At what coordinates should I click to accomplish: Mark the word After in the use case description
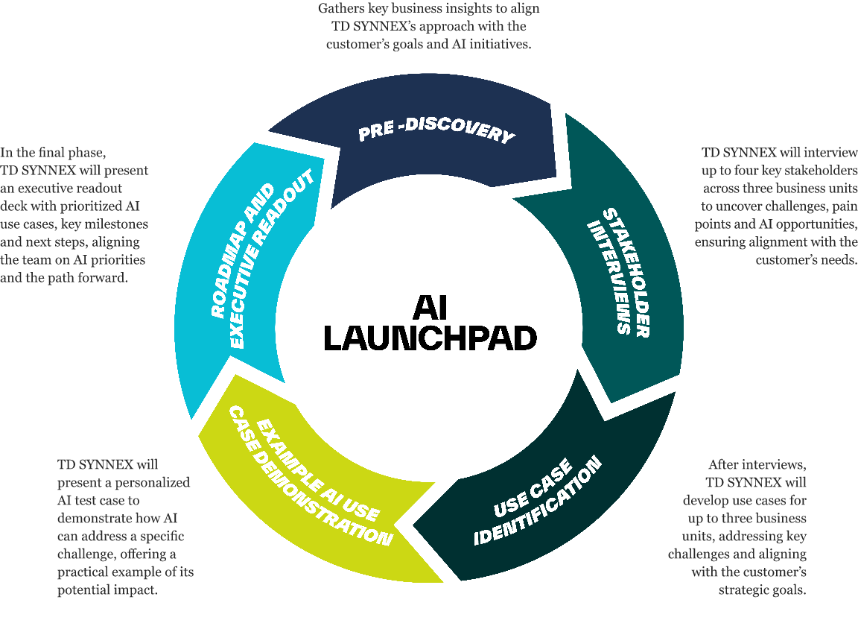click(725, 464)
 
